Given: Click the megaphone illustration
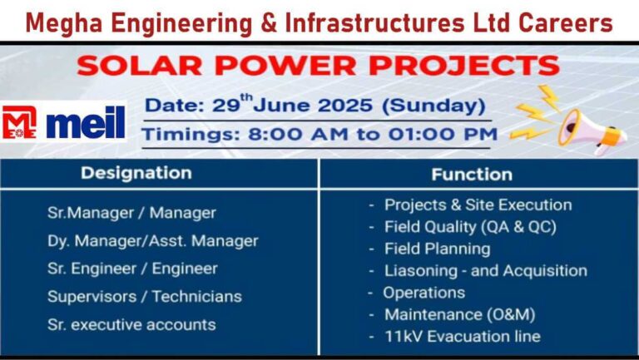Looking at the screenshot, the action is point(592,131).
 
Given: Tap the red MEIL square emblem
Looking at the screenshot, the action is point(19,122).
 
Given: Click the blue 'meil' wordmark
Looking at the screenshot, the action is point(86,122).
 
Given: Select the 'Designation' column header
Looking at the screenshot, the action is point(136,173).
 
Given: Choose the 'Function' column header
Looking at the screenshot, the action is point(472,175).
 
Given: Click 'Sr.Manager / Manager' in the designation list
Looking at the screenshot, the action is point(131,213).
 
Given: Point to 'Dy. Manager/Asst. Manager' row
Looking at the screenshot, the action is point(153,241).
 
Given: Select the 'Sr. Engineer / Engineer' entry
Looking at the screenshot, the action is point(132,269).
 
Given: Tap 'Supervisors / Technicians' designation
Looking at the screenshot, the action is point(145,297).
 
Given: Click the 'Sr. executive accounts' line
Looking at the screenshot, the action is point(131,324).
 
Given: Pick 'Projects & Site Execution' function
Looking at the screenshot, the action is point(478,205).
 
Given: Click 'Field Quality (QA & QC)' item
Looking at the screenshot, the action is point(470,227).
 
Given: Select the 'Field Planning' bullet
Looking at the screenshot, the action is point(438,249).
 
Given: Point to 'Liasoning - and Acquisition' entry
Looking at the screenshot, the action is point(486,271).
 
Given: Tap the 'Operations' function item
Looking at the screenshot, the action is point(424,293).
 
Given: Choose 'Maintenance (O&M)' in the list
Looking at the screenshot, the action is point(459,315).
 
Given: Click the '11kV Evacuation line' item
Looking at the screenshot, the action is point(463,337).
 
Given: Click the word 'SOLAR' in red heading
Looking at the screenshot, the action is point(140,66).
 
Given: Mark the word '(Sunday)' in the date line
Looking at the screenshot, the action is point(433,106).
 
